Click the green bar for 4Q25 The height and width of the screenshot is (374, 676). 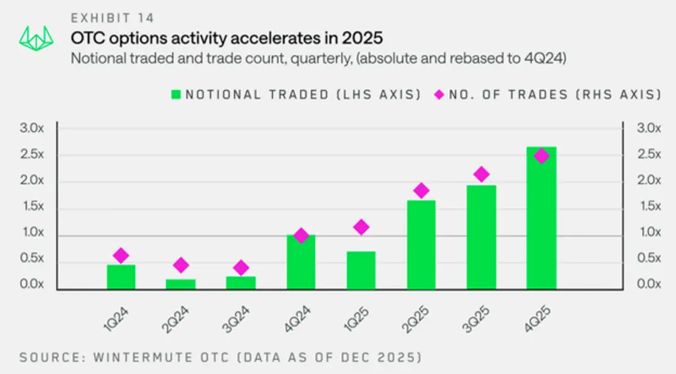541,218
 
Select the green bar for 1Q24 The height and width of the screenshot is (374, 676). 121,277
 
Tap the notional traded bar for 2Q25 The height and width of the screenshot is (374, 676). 421,245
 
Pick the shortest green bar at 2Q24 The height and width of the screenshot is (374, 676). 181,284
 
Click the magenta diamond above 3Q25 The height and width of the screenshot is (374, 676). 481,174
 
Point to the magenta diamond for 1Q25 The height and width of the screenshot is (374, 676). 361,227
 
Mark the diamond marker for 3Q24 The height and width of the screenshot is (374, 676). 241,267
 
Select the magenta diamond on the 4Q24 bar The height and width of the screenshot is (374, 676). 301,236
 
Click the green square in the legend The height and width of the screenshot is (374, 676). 176,94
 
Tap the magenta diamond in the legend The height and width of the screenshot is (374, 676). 439,94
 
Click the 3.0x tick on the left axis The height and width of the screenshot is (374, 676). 32,128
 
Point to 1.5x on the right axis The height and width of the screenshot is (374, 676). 649,206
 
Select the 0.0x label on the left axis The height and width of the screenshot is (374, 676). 32,284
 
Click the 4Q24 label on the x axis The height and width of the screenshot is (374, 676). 297,319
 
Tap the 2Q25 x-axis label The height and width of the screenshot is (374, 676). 416,319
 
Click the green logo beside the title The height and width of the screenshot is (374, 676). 36,38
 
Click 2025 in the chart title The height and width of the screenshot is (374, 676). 362,38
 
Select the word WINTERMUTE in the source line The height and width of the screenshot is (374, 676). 143,358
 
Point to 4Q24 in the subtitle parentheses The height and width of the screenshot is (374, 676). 543,58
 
